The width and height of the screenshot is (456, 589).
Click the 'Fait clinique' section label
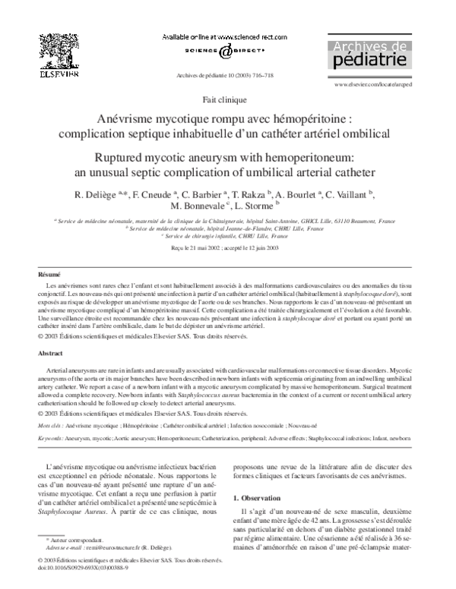(227, 100)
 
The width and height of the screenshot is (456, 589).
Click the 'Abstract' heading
(52, 354)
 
